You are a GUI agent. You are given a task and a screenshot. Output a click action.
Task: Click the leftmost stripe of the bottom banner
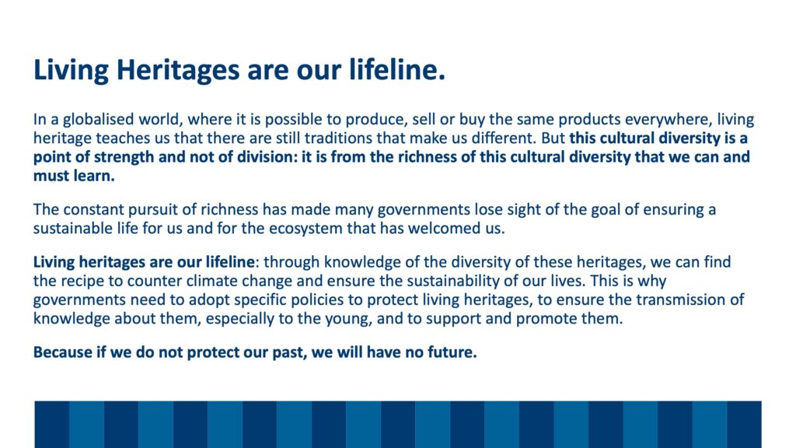52,424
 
